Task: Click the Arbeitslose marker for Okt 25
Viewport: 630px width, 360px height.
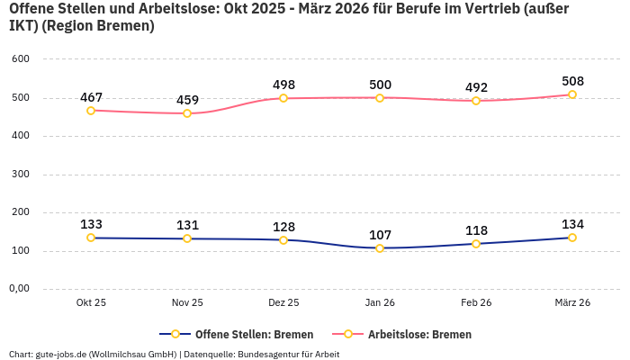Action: [91, 111]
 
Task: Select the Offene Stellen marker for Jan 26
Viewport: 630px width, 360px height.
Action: [380, 248]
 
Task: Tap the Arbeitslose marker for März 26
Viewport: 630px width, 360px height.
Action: [572, 94]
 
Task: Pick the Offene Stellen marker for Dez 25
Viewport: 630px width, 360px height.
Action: [283, 240]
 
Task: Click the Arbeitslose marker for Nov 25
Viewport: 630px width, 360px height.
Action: [187, 113]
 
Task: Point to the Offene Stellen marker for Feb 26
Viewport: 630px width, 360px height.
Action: [476, 244]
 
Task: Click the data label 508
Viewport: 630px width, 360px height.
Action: [572, 81]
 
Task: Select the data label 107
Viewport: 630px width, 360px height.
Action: [380, 235]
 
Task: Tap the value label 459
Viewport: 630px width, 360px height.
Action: [187, 100]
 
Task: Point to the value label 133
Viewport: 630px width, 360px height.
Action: [91, 224]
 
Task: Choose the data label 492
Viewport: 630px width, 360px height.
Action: [476, 87]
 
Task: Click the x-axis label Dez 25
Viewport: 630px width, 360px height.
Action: [283, 303]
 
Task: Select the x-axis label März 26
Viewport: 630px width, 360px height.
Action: [572, 303]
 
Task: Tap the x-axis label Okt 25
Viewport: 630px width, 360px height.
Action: [91, 303]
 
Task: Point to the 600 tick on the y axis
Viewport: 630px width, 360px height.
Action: [21, 59]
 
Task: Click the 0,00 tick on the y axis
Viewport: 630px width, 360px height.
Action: [19, 289]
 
